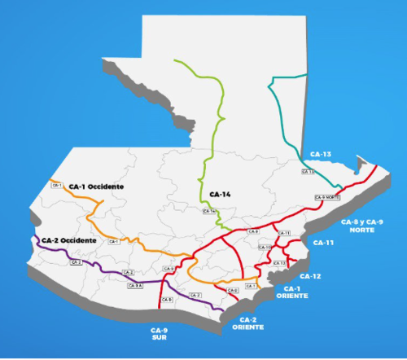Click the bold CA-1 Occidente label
coord(96,187)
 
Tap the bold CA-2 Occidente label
coord(69,241)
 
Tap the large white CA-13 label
coord(322,154)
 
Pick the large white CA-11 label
coord(324,243)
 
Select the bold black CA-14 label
coord(221,194)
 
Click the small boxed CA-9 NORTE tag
coord(326,198)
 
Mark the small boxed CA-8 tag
coord(252,232)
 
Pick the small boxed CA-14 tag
coord(209,212)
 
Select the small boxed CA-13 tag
coord(308,172)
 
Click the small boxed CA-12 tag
coord(278,263)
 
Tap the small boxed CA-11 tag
coord(284,233)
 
